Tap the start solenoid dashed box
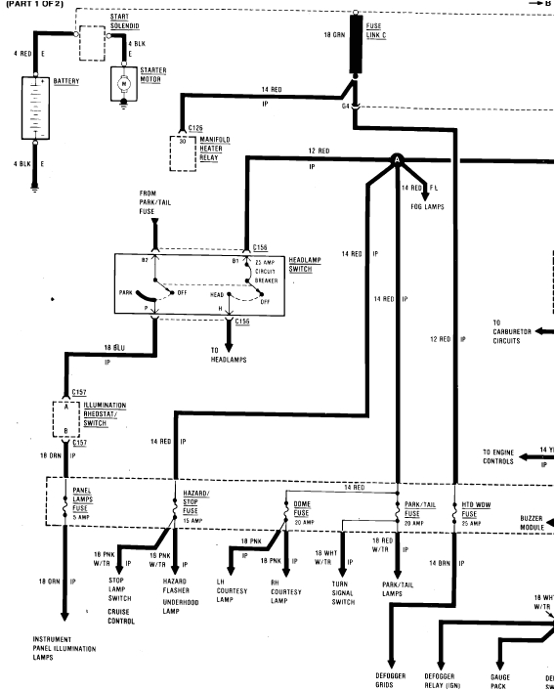pos(92,41)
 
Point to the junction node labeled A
pos(397,160)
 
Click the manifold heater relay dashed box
pos(182,151)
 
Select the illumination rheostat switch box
pos(66,417)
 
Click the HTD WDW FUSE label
pos(478,510)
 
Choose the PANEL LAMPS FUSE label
pos(88,502)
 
